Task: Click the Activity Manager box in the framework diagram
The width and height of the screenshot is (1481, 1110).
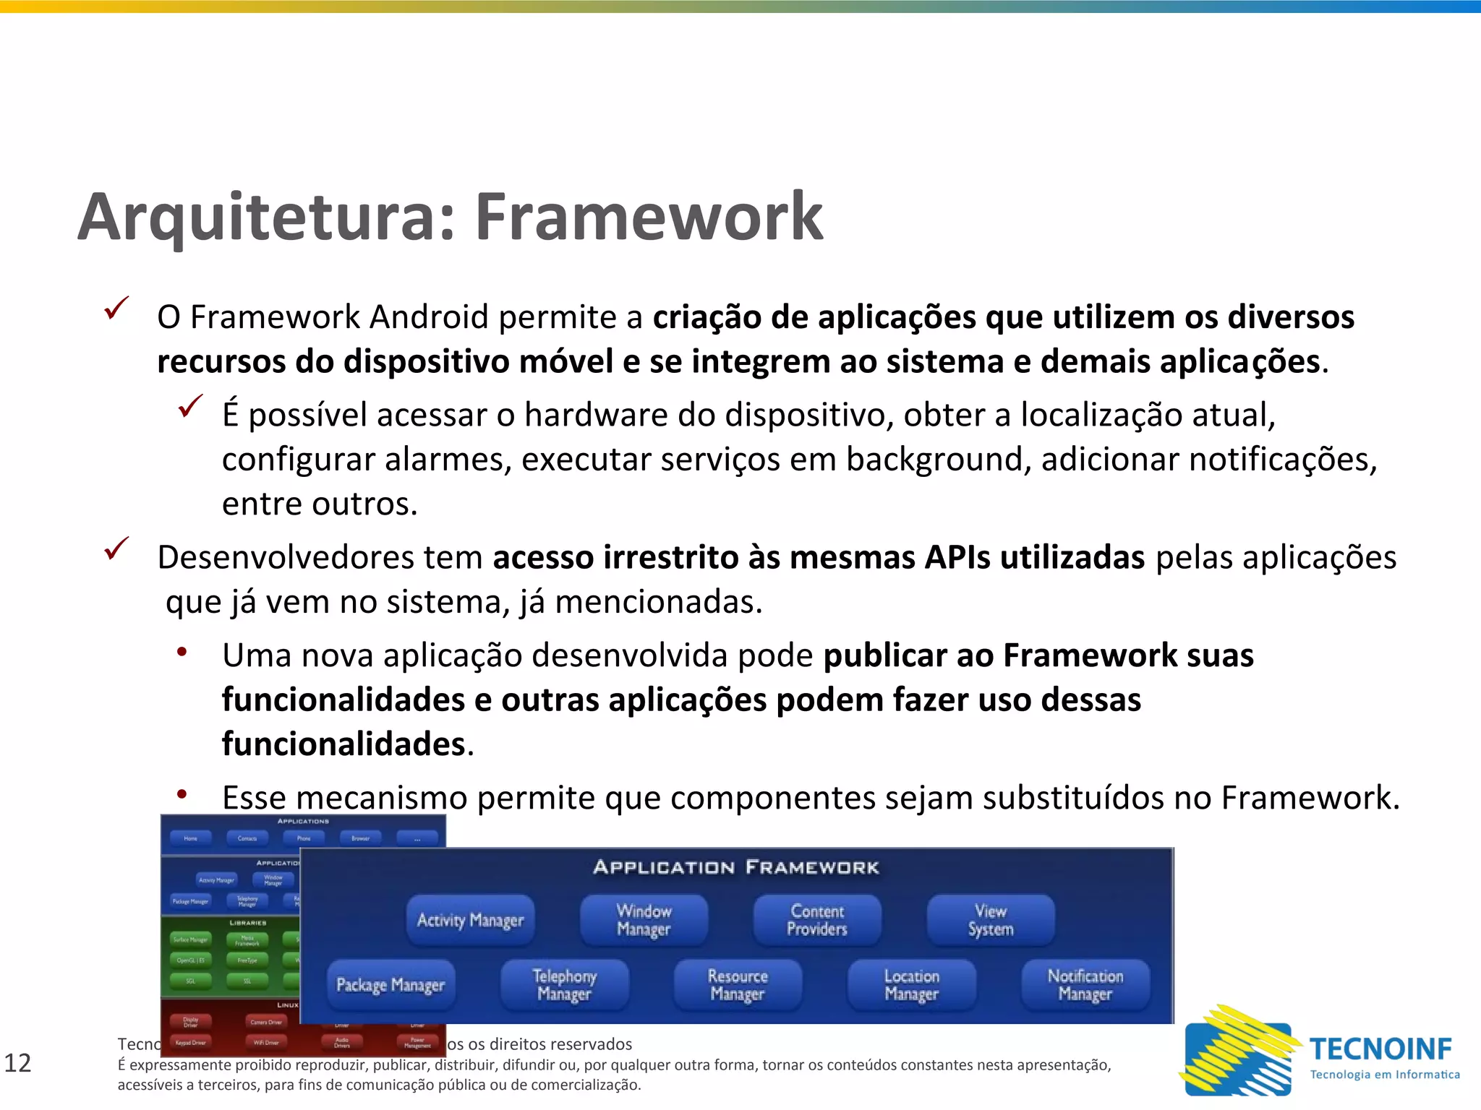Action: pos(470,920)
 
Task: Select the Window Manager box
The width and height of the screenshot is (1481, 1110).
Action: pos(644,920)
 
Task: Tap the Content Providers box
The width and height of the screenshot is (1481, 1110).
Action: pos(817,920)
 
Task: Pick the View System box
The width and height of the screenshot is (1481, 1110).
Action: pos(991,920)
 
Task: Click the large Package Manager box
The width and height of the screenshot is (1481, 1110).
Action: pos(390,985)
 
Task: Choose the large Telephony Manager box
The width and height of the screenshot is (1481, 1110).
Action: pos(564,985)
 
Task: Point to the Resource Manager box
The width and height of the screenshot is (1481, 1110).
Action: pos(738,985)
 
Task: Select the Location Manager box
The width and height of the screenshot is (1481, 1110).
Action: pos(911,985)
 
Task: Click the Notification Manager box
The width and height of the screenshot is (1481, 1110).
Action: pos(1085,985)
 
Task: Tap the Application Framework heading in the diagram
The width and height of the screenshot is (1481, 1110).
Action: pos(736,867)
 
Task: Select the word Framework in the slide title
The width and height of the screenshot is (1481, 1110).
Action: pos(649,217)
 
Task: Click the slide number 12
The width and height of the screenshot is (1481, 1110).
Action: pos(18,1063)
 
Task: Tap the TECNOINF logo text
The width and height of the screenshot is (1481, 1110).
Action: pos(1380,1049)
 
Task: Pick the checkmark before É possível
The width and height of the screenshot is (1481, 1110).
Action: pos(190,406)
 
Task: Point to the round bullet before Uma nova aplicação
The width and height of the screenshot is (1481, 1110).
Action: pos(182,652)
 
